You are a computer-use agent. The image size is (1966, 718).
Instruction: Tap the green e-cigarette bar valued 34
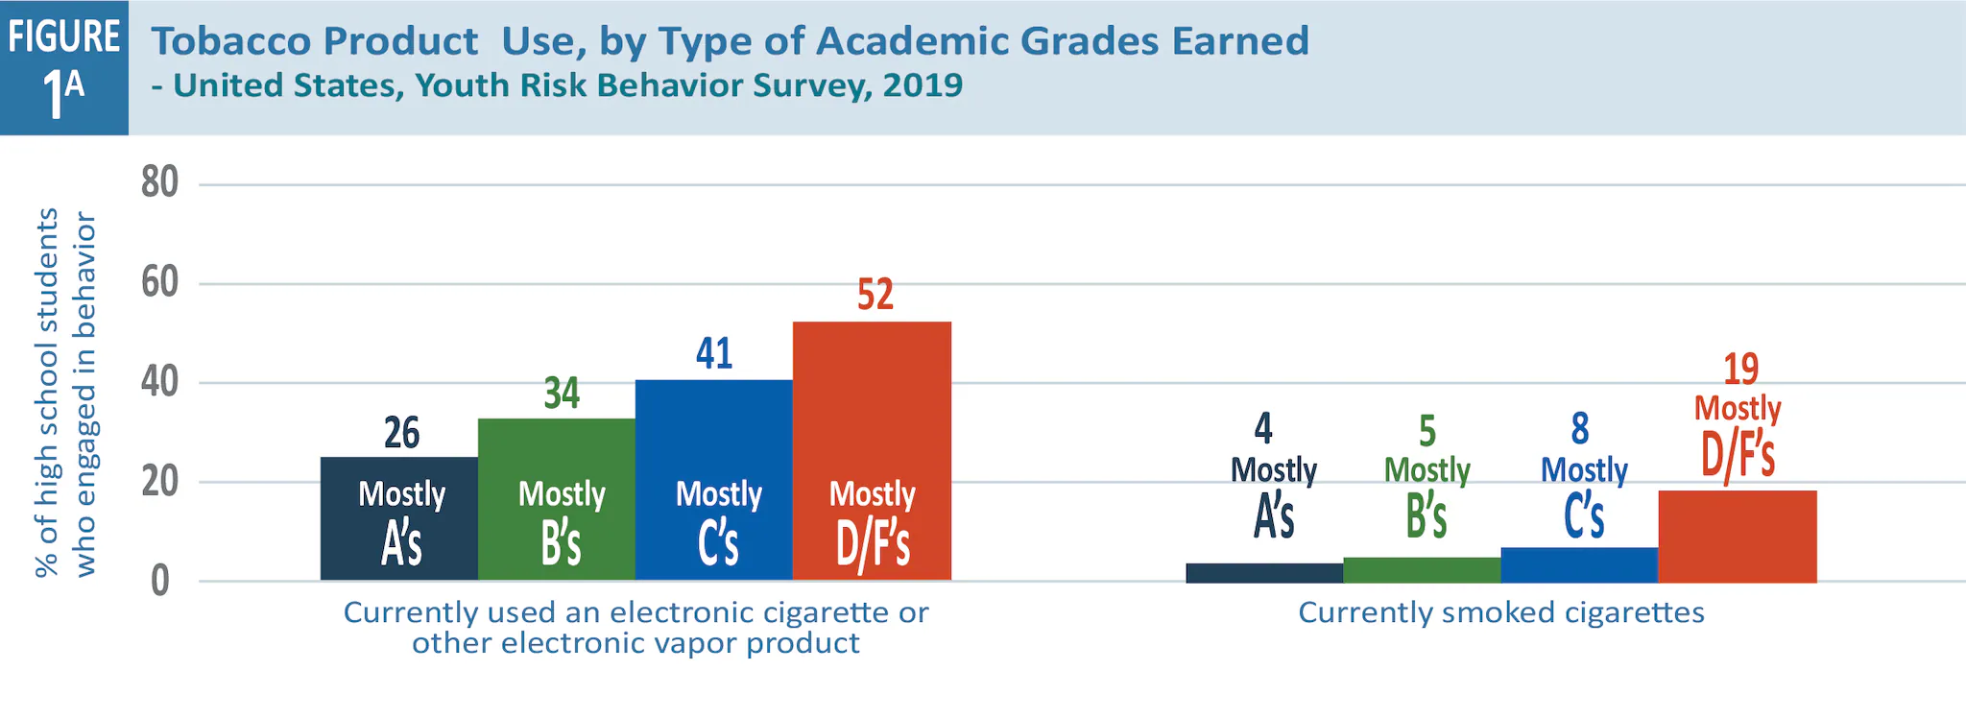pyautogui.click(x=557, y=451)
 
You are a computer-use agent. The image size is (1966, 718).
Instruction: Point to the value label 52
pyautogui.click(x=875, y=295)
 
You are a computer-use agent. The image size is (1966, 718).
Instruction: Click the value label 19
pyautogui.click(x=1740, y=370)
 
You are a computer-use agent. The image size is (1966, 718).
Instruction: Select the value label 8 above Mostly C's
pyautogui.click(x=1580, y=429)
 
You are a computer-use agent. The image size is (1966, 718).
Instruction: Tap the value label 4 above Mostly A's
pyautogui.click(x=1263, y=428)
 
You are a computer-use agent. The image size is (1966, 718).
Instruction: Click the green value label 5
pyautogui.click(x=1427, y=432)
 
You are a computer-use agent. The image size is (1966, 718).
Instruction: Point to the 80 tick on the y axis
pyautogui.click(x=159, y=182)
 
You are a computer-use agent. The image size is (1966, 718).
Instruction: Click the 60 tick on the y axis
pyautogui.click(x=159, y=282)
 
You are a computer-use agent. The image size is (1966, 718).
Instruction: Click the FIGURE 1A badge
pyautogui.click(x=63, y=67)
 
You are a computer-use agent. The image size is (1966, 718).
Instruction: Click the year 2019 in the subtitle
pyautogui.click(x=923, y=85)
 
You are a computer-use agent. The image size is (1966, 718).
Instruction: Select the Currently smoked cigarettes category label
pyautogui.click(x=1500, y=612)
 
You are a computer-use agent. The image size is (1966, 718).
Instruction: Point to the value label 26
pyautogui.click(x=401, y=433)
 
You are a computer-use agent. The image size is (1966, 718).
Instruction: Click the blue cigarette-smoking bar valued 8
pyautogui.click(x=1579, y=564)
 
